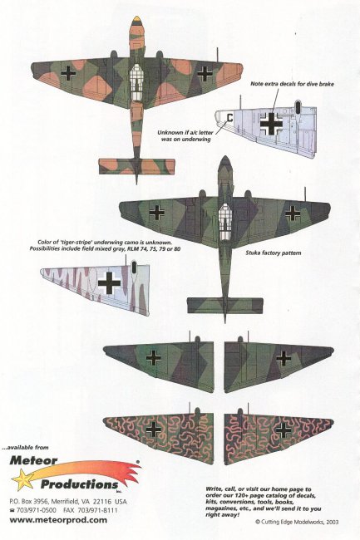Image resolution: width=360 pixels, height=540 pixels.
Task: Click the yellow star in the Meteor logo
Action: tap(23, 479)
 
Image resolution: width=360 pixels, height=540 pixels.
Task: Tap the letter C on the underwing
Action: tap(229, 118)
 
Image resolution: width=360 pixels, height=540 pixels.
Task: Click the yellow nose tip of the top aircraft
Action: tap(136, 19)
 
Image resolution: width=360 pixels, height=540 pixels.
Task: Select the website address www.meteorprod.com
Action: tap(58, 520)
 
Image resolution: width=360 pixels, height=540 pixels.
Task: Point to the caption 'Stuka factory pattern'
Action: tap(274, 253)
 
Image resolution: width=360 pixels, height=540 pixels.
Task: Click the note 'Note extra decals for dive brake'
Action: tap(292, 84)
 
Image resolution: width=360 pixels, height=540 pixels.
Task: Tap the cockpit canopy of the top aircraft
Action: tap(136, 82)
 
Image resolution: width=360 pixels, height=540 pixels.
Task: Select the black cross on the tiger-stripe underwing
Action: tap(109, 283)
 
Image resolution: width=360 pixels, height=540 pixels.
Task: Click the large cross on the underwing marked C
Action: tap(271, 123)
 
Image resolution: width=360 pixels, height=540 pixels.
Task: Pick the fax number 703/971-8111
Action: tap(91, 510)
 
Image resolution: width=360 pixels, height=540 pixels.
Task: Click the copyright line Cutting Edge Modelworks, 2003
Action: tap(297, 522)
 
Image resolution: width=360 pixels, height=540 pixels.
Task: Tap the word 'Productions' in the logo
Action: tap(80, 484)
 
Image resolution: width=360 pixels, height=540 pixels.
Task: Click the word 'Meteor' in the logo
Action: tap(33, 459)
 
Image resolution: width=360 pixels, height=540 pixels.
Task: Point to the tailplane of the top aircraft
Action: tap(136, 166)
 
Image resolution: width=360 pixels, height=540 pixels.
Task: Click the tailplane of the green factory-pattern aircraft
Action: tap(225, 306)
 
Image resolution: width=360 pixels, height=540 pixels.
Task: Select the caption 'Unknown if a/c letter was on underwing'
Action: tap(185, 135)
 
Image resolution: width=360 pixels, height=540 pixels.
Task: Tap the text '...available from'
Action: tap(25, 447)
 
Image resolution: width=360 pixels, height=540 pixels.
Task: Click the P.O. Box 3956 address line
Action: tap(68, 501)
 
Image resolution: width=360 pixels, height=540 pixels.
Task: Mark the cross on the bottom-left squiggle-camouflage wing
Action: tap(153, 430)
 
